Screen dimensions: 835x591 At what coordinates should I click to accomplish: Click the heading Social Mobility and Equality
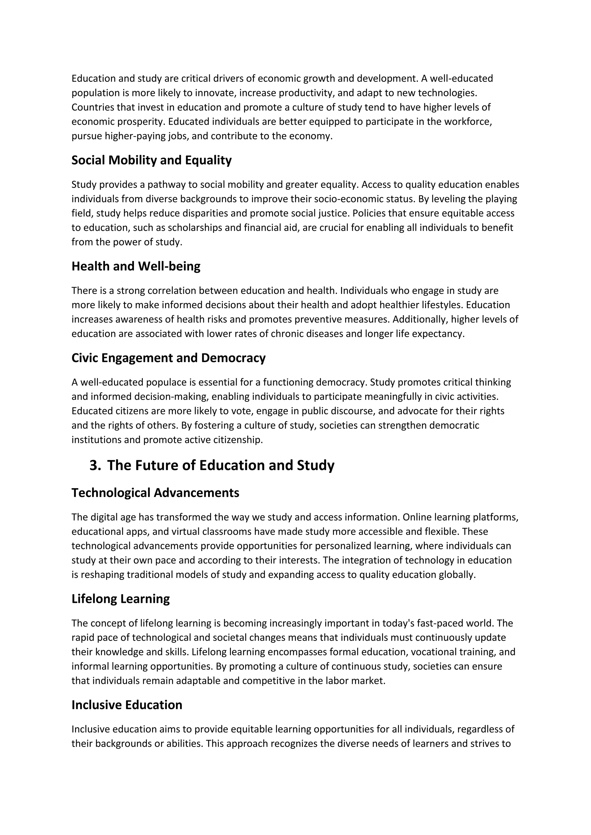(152, 160)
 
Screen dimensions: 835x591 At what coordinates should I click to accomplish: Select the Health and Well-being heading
(136, 267)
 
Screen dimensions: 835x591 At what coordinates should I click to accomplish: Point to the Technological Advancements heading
(155, 493)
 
